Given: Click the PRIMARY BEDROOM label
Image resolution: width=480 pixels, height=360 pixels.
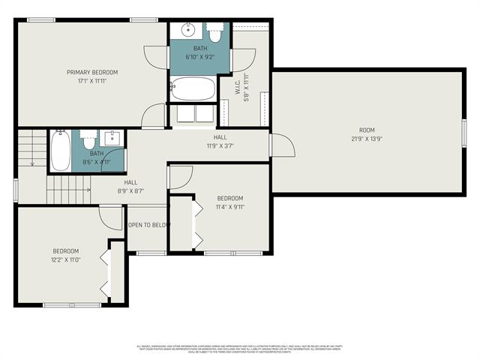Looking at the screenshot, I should [x=92, y=72].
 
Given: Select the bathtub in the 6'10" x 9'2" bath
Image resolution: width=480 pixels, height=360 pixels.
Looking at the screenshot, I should [x=193, y=88].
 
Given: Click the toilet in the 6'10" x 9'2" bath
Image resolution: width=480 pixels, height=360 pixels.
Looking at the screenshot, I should [x=215, y=34].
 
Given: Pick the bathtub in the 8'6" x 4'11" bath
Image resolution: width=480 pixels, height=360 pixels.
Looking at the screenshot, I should [x=61, y=151].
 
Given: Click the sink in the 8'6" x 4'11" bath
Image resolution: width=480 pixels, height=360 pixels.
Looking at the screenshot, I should [x=112, y=139].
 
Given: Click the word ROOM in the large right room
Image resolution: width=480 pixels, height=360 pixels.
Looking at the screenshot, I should [x=367, y=130].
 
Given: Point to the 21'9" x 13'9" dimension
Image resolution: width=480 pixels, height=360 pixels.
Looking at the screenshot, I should [x=367, y=139].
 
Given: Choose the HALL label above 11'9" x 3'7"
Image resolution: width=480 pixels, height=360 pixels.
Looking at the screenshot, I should [x=220, y=137].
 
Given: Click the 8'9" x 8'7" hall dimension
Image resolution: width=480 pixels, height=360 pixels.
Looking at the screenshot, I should [x=130, y=191].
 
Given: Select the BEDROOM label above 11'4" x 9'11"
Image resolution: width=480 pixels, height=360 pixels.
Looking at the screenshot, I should [x=229, y=198].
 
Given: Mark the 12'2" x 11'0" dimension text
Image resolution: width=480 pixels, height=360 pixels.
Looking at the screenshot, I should [x=65, y=259].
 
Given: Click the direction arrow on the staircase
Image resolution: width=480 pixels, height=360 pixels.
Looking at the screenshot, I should [x=32, y=159].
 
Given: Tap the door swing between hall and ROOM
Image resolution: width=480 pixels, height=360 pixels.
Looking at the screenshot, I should [x=277, y=145].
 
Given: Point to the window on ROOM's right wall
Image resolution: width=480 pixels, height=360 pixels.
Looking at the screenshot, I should [x=464, y=130].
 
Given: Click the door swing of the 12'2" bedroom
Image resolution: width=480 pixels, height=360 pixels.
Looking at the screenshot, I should [x=111, y=217].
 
